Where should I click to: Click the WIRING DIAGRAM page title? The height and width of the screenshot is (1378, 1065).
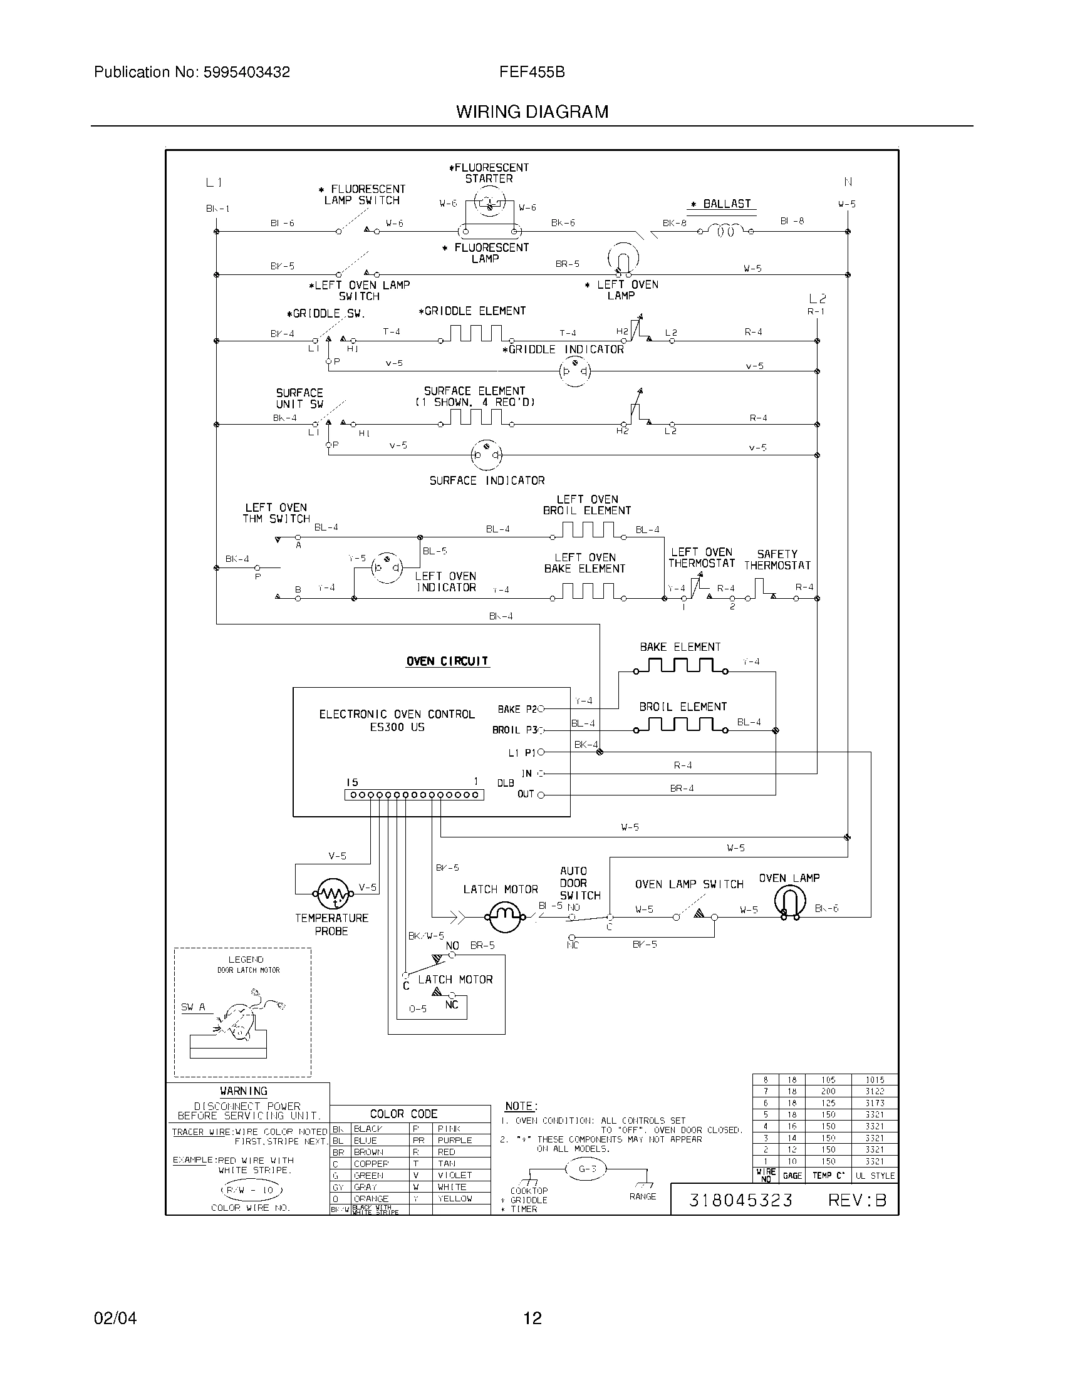click(532, 111)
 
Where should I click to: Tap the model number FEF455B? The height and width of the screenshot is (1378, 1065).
click(532, 72)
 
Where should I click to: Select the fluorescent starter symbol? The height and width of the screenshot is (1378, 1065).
click(489, 204)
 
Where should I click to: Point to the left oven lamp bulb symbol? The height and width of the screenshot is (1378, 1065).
click(623, 258)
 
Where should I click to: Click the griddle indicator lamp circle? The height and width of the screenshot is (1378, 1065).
click(574, 371)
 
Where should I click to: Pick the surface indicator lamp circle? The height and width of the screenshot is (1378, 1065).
click(486, 455)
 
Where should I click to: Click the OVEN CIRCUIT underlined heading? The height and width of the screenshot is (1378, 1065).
click(447, 661)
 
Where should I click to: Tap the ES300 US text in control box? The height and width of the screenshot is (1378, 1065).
click(397, 727)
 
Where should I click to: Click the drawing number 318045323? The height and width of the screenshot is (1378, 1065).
click(740, 1200)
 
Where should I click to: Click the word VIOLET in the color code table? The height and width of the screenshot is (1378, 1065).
click(454, 1175)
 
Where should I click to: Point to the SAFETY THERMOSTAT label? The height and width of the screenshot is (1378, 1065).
click(777, 559)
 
